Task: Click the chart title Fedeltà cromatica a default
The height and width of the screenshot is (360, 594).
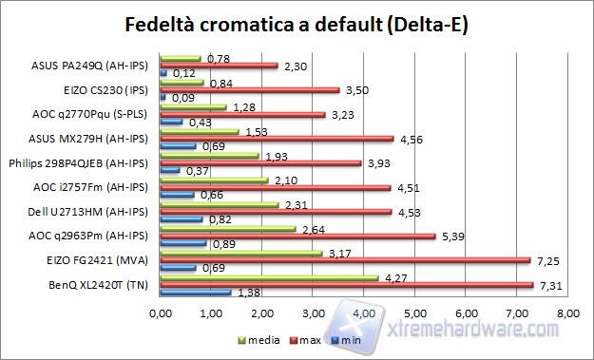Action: pyautogui.click(x=297, y=24)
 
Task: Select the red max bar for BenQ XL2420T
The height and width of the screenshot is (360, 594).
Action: pyautogui.click(x=346, y=284)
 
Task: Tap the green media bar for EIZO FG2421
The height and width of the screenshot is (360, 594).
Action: pyautogui.click(x=240, y=252)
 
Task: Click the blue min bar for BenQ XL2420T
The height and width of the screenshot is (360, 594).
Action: pyautogui.click(x=195, y=293)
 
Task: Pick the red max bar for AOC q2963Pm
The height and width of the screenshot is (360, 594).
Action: pyautogui.click(x=297, y=235)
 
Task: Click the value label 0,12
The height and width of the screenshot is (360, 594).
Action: pyautogui.click(x=184, y=73)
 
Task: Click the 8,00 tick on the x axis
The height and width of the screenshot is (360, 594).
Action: pyautogui.click(x=566, y=312)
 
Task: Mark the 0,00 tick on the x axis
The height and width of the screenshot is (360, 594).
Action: pyautogui.click(x=161, y=312)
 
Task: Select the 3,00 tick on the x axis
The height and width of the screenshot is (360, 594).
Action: pyautogui.click(x=313, y=312)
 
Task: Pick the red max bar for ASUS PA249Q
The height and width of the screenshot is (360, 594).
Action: pyautogui.click(x=219, y=66)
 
